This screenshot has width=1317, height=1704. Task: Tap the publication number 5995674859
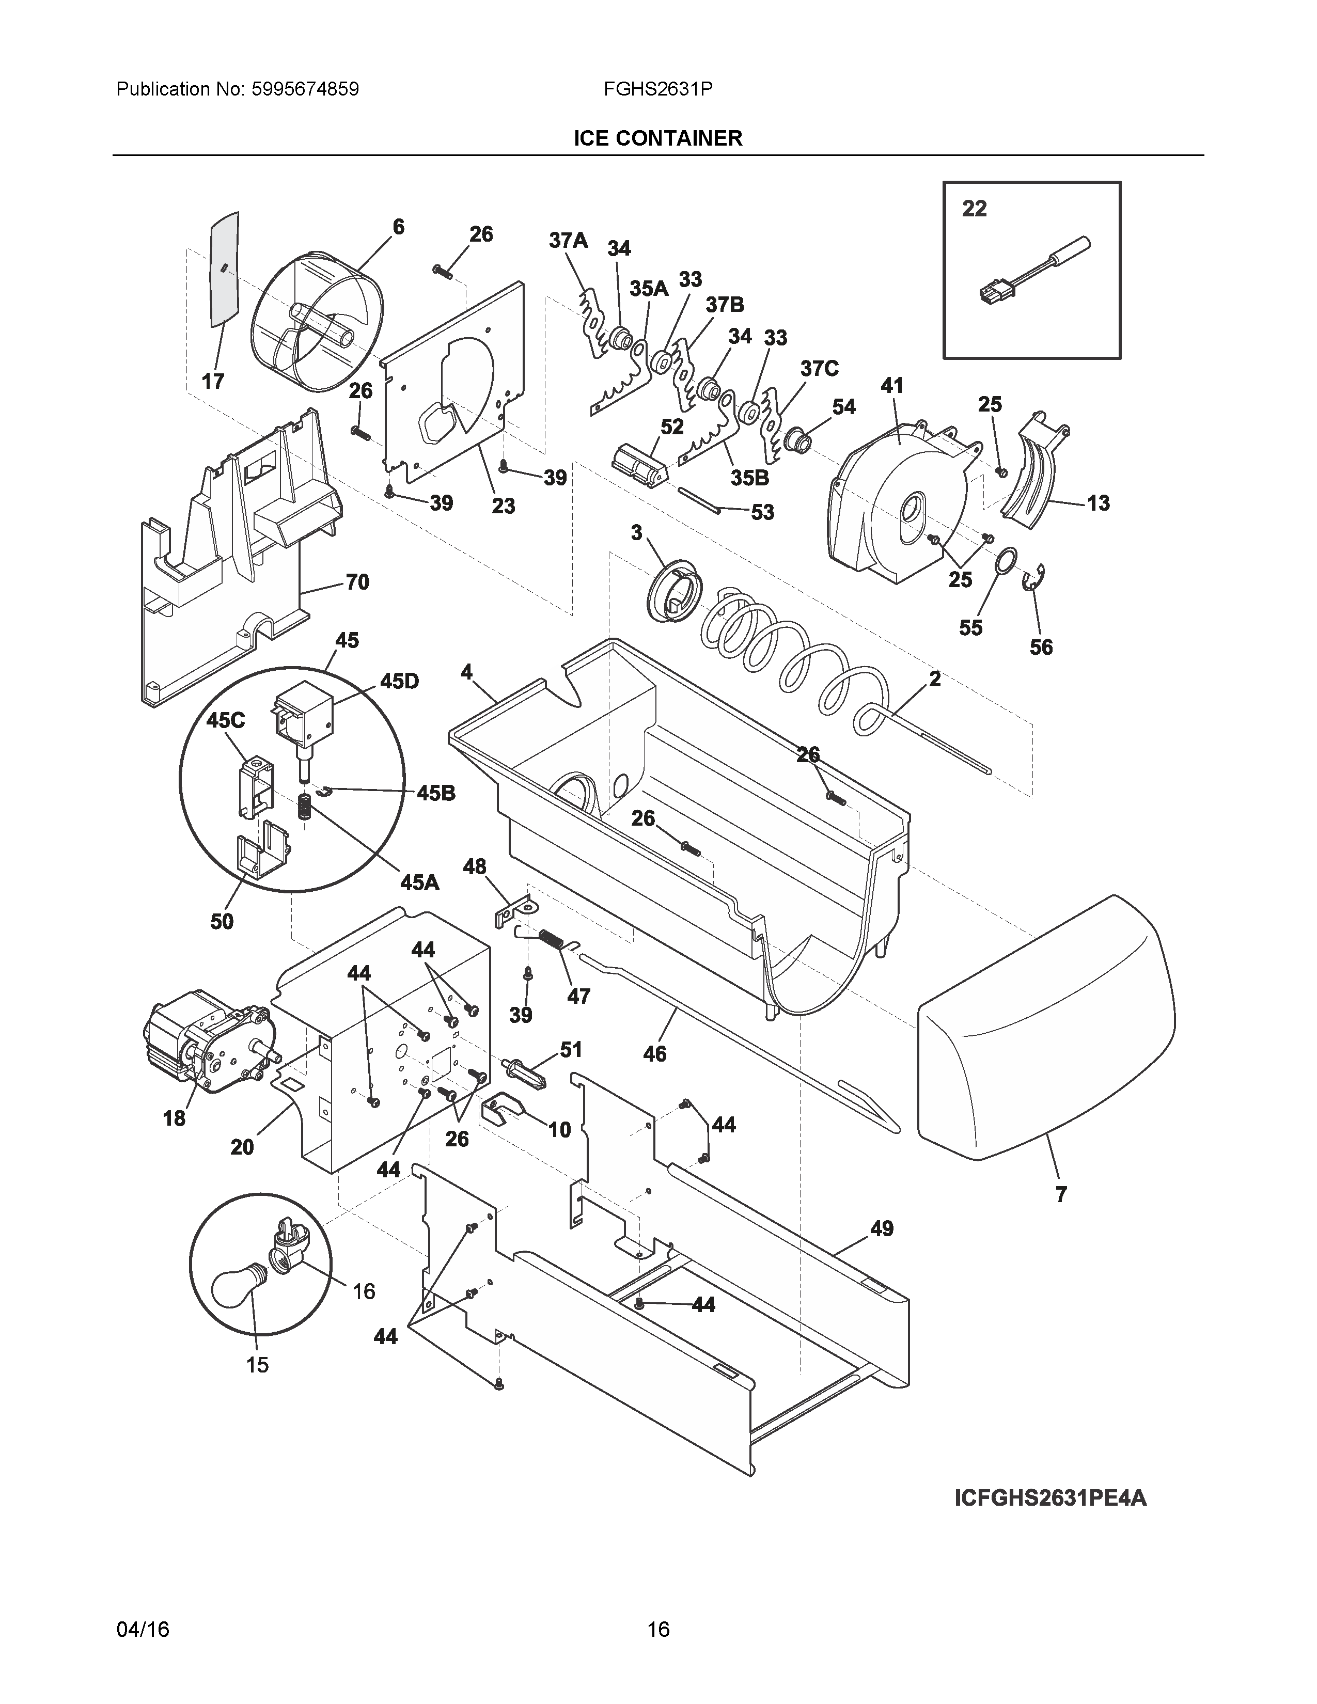[305, 89]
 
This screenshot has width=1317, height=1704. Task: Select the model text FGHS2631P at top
[657, 89]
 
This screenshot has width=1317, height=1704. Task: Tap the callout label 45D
[399, 681]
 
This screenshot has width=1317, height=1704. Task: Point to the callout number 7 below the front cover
[1061, 1194]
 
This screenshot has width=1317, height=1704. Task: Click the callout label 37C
[819, 368]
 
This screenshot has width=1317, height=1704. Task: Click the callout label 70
[357, 582]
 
